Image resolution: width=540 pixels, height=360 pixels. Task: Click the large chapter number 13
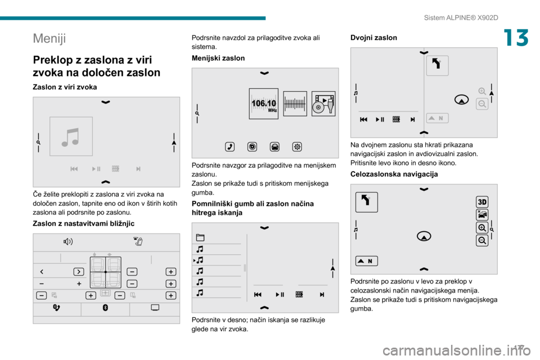tap(516, 38)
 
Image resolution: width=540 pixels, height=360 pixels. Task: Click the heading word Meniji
tap(49, 38)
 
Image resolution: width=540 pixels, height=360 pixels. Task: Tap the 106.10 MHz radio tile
tap(264, 103)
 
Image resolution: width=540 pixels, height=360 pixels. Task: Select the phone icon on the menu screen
tap(229, 147)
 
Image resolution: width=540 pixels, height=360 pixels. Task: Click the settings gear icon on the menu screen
tap(297, 147)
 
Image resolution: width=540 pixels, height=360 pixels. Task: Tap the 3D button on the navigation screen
tap(482, 202)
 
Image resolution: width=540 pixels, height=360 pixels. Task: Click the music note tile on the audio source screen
tap(71, 137)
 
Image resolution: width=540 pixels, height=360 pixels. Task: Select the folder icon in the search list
tap(200, 237)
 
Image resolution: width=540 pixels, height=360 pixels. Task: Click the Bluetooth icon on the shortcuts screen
tap(105, 308)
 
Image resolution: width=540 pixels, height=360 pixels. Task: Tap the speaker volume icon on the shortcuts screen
tap(68, 241)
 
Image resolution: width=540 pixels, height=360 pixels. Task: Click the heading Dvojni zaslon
tap(373, 38)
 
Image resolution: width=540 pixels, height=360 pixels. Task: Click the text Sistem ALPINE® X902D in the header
tap(461, 17)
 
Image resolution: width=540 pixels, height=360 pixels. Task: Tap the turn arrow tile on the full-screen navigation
tap(366, 202)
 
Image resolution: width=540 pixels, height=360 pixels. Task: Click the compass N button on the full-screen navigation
tap(366, 261)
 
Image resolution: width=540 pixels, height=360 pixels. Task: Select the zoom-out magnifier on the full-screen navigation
tap(482, 240)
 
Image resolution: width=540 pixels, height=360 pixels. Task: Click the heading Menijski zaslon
tap(218, 58)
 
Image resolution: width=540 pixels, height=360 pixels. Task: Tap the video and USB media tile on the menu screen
tap(323, 103)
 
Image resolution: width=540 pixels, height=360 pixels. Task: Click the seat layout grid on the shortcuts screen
tap(105, 272)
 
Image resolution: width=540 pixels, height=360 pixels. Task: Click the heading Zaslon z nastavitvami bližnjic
tap(83, 223)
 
